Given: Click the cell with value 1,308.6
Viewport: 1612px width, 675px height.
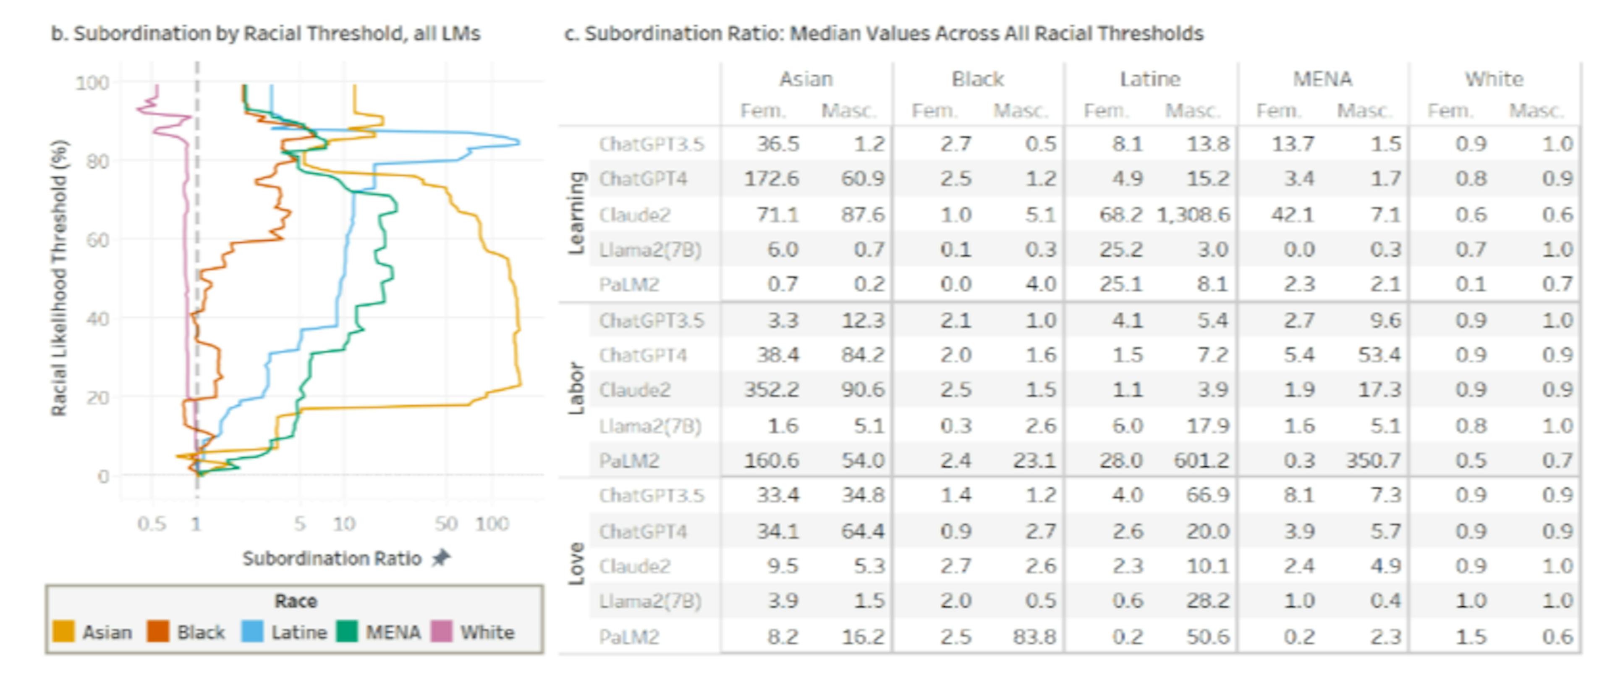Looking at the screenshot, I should [1193, 215].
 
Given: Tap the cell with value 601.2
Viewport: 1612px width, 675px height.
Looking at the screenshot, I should [1200, 460].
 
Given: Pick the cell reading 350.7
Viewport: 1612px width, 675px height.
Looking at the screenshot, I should [1373, 460].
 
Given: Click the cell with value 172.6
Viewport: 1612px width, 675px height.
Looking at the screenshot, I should [771, 179].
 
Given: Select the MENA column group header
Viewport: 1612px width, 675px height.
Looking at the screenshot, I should [1322, 79].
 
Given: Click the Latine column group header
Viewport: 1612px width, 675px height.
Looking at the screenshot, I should [1149, 79].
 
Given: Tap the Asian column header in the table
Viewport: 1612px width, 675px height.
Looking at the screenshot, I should [806, 79].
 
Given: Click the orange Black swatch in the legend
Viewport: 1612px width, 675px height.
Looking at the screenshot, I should [158, 631].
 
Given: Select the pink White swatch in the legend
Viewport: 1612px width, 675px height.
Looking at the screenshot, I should [442, 631].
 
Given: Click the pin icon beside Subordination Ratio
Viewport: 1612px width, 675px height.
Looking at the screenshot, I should [442, 557].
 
